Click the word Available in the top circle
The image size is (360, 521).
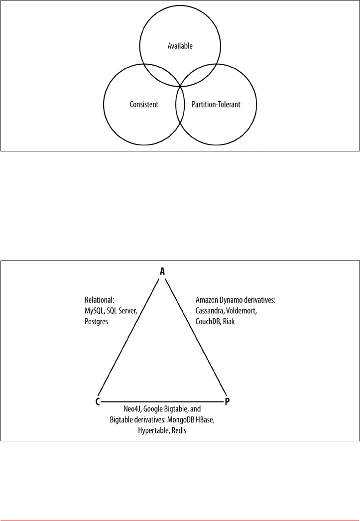coord(179,46)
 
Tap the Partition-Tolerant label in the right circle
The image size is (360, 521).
coord(216,105)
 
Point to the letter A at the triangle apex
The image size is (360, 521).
coord(162,271)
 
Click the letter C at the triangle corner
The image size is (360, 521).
coord(98,401)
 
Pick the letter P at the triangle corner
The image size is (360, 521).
coord(227,401)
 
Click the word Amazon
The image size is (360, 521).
coord(206,300)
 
